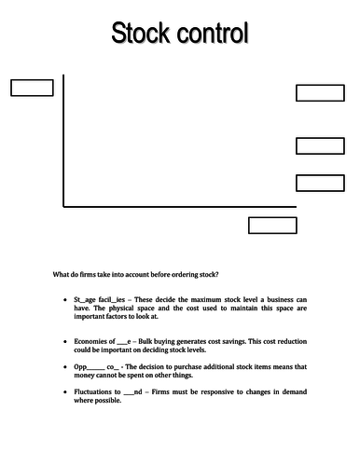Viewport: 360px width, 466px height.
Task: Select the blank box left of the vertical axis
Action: coord(32,88)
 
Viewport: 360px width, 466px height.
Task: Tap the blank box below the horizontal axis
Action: coord(271,225)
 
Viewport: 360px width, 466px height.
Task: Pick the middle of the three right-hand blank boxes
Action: coord(320,145)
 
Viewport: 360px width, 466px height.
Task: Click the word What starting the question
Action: coord(62,273)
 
